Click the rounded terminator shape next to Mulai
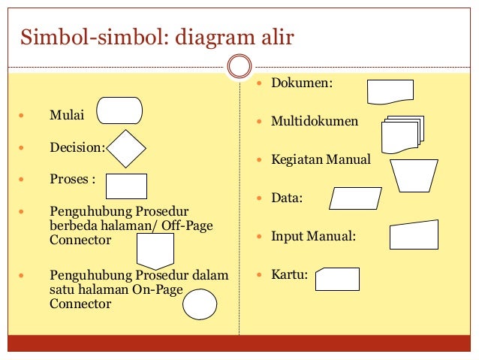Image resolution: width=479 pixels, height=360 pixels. (x=119, y=110)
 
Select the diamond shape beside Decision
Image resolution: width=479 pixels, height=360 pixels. (x=126, y=149)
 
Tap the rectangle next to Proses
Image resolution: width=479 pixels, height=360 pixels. (x=126, y=186)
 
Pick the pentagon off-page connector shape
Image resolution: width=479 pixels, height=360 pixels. (x=155, y=250)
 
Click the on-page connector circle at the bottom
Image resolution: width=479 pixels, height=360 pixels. (x=200, y=304)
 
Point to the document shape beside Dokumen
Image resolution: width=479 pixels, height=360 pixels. (x=390, y=91)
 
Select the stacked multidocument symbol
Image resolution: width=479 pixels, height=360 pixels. (x=402, y=135)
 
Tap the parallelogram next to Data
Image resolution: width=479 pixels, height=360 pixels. (x=356, y=198)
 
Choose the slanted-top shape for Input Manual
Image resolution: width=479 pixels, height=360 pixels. (x=413, y=234)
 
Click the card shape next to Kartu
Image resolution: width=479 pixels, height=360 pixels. (x=337, y=278)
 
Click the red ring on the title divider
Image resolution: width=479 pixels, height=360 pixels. (x=239, y=67)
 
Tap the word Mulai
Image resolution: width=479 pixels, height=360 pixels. (x=67, y=116)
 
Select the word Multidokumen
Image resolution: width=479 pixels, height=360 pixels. (x=315, y=121)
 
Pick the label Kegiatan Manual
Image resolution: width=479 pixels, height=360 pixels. (x=321, y=159)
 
